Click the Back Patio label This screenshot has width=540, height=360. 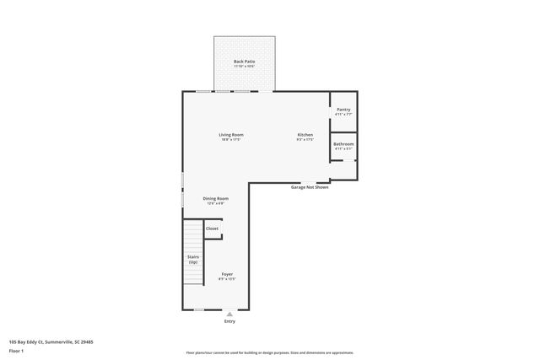pyautogui.click(x=244, y=62)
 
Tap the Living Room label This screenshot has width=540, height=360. pyautogui.click(x=231, y=135)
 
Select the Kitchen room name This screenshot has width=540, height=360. pyautogui.click(x=305, y=135)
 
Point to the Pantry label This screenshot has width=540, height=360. pyautogui.click(x=343, y=110)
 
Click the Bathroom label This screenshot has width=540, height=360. pyautogui.click(x=343, y=144)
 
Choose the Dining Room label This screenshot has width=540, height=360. pyautogui.click(x=215, y=198)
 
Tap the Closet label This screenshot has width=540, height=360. pyautogui.click(x=212, y=228)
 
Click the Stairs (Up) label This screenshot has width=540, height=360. pyautogui.click(x=193, y=260)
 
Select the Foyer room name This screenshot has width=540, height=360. pyautogui.click(x=227, y=274)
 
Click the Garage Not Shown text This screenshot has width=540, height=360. pyautogui.click(x=310, y=187)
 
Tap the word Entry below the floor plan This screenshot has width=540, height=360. pyautogui.click(x=229, y=321)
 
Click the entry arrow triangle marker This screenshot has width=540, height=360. pyautogui.click(x=229, y=314)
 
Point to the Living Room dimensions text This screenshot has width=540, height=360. pyautogui.click(x=231, y=140)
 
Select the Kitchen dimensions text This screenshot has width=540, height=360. pyautogui.click(x=305, y=140)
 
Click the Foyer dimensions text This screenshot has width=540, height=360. pyautogui.click(x=227, y=279)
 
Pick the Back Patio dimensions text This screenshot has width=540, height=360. pyautogui.click(x=244, y=67)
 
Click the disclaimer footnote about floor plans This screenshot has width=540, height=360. pyautogui.click(x=270, y=353)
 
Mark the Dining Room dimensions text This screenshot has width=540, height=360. pyautogui.click(x=215, y=203)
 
